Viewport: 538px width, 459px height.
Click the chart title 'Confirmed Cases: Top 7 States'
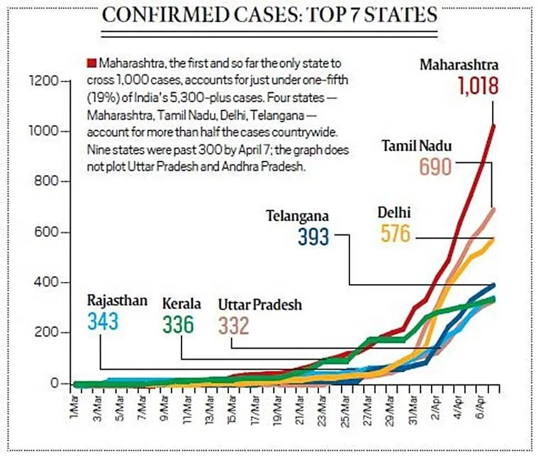(x=269, y=15)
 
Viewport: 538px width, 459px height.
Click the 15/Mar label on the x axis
(x=232, y=411)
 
